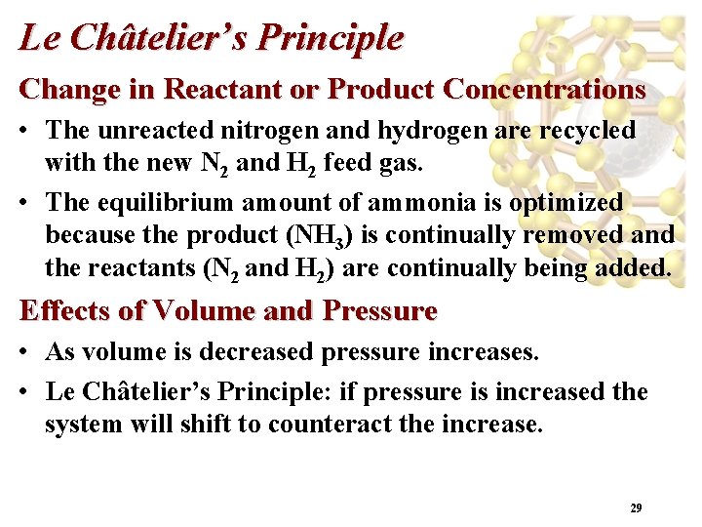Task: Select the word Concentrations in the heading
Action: (x=543, y=89)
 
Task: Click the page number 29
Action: (x=636, y=508)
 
